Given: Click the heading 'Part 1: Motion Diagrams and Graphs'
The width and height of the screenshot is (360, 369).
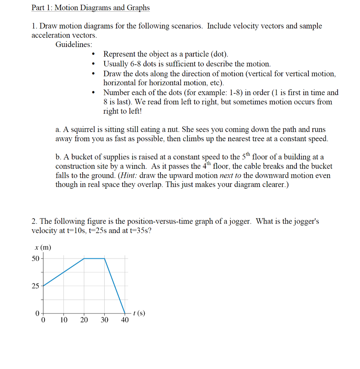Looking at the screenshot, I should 90,8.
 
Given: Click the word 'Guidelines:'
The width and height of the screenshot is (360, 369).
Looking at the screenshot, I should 73,45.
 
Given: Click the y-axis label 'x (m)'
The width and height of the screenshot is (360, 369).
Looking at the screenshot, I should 43,248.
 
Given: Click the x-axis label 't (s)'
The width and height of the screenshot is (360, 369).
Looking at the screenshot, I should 139,313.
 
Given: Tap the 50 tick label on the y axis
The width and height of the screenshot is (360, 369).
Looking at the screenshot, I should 36,258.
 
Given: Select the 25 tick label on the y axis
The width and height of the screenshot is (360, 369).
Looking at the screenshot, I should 36,286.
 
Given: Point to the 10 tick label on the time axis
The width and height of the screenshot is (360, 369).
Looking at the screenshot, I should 64,320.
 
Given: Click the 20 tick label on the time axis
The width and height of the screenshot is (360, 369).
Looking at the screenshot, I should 84,320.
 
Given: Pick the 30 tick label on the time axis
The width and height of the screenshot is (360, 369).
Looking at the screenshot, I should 104,320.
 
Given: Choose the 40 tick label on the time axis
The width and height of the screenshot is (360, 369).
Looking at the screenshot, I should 124,320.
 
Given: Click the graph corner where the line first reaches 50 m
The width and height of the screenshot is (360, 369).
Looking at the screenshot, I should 84,258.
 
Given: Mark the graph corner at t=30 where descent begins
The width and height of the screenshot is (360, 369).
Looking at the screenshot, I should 105,258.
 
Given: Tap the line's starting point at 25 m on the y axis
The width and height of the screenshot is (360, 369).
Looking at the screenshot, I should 44,286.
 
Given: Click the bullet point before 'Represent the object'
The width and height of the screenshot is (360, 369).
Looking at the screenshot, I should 93,55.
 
